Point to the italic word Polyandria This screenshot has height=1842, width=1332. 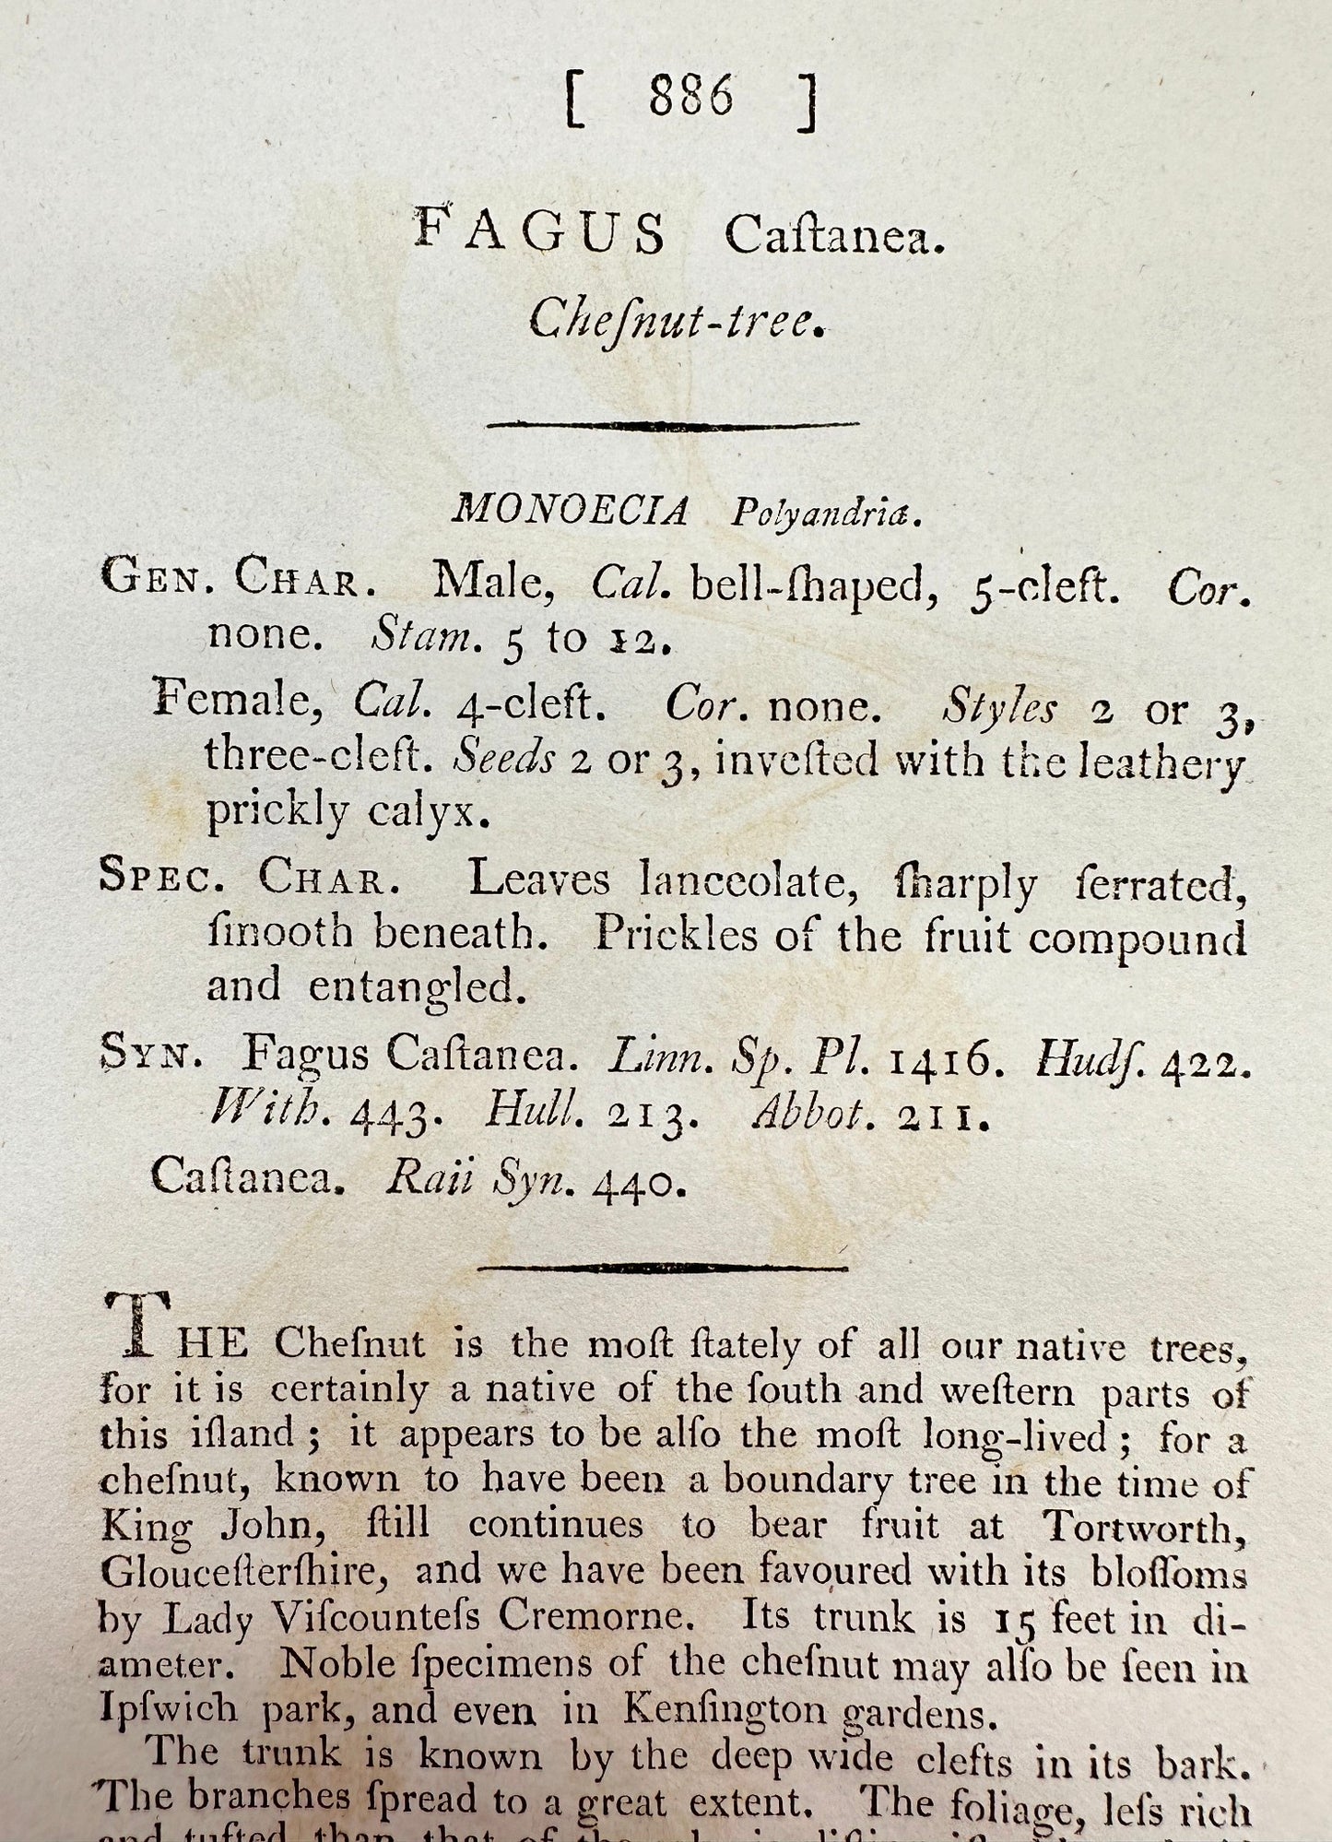[x=826, y=514]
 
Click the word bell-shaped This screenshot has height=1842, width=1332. [x=807, y=586]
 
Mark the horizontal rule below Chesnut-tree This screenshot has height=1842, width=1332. [x=673, y=425]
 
